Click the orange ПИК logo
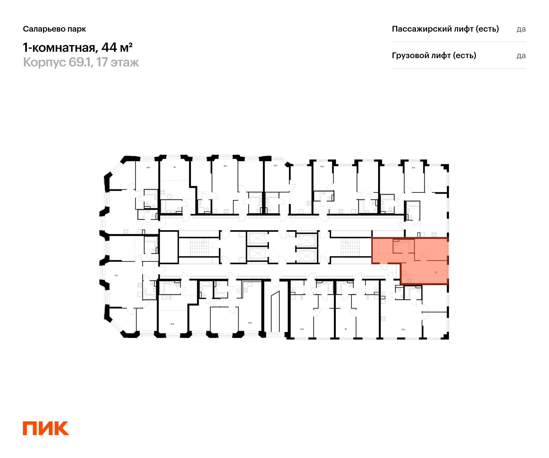(x=46, y=428)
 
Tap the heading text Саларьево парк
(x=54, y=29)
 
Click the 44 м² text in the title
(x=117, y=47)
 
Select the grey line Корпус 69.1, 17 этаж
(x=81, y=62)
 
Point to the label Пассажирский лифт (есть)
(x=445, y=29)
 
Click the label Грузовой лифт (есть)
(x=434, y=55)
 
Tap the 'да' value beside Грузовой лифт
(x=521, y=56)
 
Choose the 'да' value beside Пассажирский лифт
(x=521, y=29)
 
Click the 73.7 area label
(x=116, y=275)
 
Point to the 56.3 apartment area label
(x=148, y=167)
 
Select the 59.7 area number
(x=225, y=166)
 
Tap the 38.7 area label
(x=276, y=166)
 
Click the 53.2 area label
(x=322, y=166)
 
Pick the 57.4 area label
(x=403, y=330)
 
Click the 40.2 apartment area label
(x=302, y=329)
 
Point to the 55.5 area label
(x=250, y=323)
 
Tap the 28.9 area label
(x=172, y=324)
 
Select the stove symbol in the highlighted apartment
(x=409, y=281)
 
